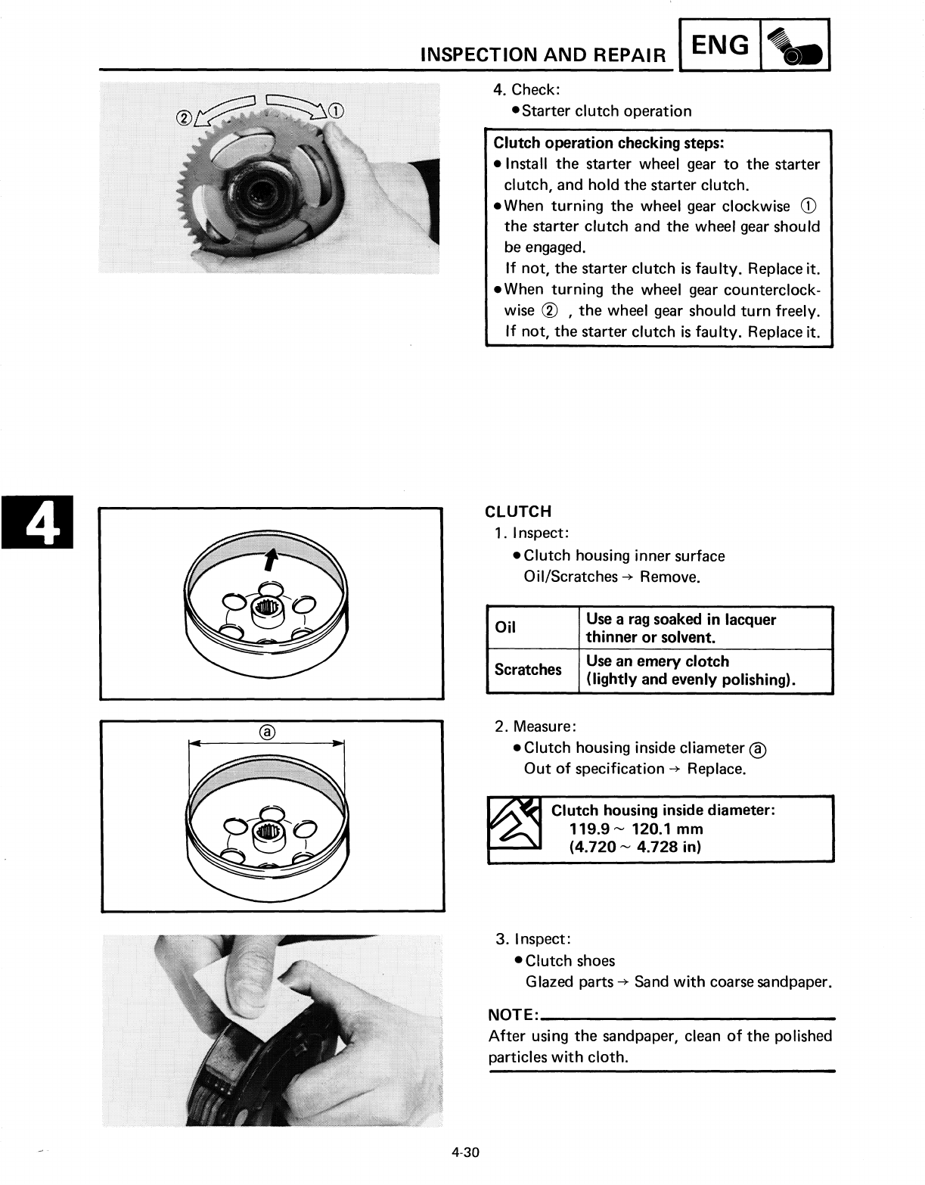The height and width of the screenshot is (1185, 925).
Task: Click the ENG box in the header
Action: pyautogui.click(x=721, y=46)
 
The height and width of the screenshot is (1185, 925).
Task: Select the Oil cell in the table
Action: pyautogui.click(x=505, y=627)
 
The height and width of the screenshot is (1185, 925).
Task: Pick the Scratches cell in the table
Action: pyautogui.click(x=528, y=670)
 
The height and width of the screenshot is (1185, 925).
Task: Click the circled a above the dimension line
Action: pyautogui.click(x=266, y=732)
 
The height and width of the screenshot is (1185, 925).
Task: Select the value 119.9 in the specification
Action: pyautogui.click(x=591, y=829)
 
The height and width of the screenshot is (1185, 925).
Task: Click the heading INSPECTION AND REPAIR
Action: pyautogui.click(x=543, y=54)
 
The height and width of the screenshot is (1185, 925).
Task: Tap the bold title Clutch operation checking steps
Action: pyautogui.click(x=609, y=143)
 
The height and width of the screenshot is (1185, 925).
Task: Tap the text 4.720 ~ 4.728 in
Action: pyautogui.click(x=635, y=847)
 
